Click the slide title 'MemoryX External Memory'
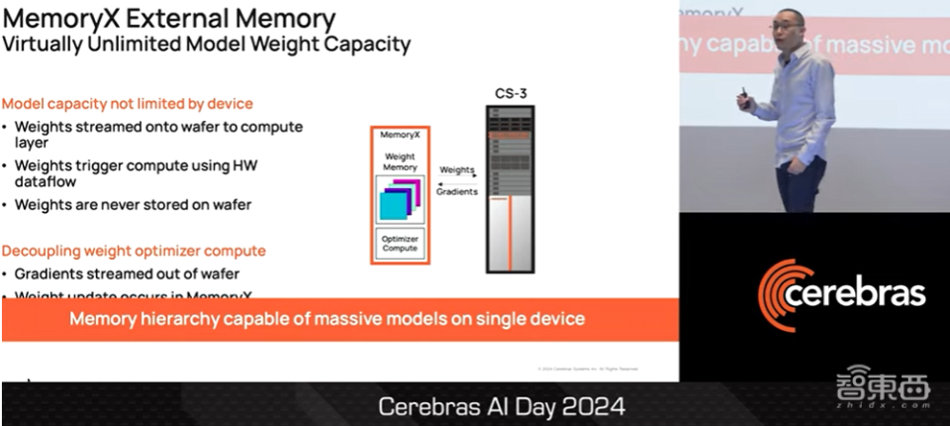coord(169,19)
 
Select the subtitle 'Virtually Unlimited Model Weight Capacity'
coord(206,44)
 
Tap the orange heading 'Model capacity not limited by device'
coord(127,103)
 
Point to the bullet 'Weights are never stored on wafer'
coord(133,204)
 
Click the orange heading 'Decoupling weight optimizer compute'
coord(134,250)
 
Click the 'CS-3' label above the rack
coord(510,93)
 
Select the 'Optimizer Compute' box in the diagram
coord(400,243)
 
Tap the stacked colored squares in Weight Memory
coord(400,200)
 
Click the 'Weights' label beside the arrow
coord(456,170)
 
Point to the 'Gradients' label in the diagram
coord(456,191)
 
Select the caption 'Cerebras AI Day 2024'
coord(503,406)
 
